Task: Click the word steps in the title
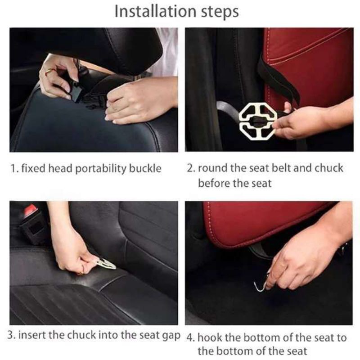(220, 12)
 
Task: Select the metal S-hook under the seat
(262, 282)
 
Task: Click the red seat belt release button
(31, 210)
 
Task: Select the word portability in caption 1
(101, 169)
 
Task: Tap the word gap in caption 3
(171, 336)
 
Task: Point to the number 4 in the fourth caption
(190, 338)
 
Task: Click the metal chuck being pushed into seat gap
(105, 264)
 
